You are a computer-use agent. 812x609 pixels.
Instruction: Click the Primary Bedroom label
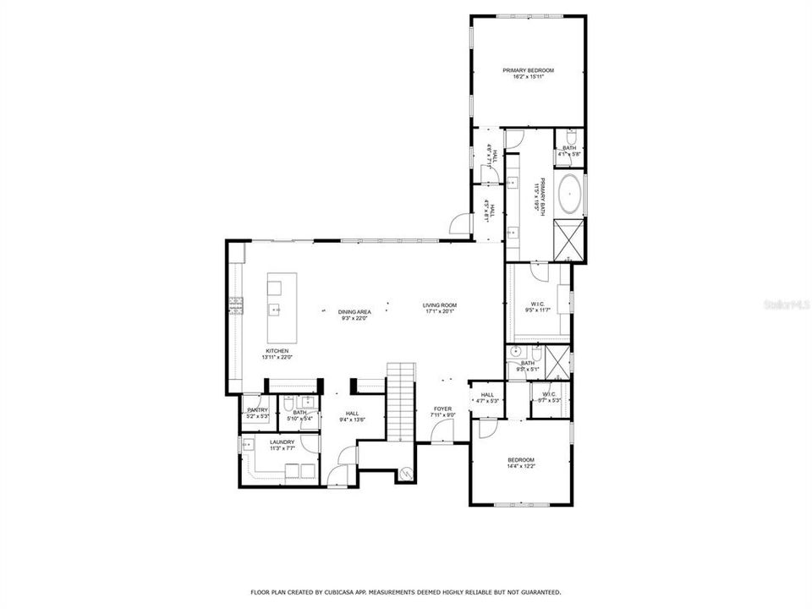click(x=528, y=70)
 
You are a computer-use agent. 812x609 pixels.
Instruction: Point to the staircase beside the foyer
click(x=401, y=401)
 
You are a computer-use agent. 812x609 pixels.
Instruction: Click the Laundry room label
click(x=282, y=442)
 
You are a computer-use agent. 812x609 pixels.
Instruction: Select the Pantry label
click(x=257, y=410)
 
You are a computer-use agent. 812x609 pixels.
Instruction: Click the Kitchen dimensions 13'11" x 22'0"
click(x=277, y=358)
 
